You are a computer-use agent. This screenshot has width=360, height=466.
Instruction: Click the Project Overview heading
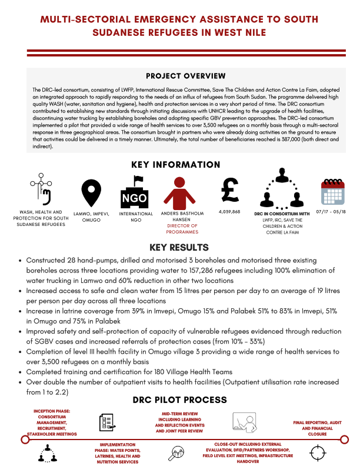185,76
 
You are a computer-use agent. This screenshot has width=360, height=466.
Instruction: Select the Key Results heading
179,247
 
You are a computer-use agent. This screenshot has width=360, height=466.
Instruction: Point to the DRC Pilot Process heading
179,400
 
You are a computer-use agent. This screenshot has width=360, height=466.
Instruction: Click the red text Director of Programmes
182,229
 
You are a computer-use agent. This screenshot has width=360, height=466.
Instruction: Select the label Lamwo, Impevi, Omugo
89,217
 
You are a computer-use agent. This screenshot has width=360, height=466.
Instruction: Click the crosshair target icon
317,454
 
